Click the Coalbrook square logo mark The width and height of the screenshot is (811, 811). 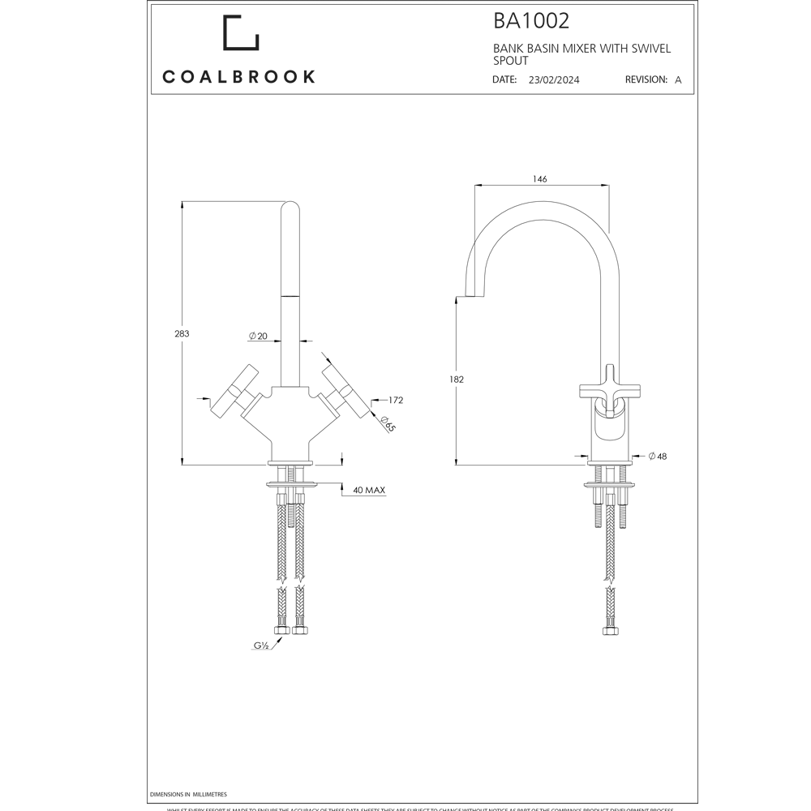[241, 32]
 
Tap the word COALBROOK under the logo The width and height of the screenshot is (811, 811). [238, 76]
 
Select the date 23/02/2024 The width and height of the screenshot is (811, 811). [554, 80]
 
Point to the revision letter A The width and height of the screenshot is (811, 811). [678, 80]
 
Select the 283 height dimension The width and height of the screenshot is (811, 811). [181, 333]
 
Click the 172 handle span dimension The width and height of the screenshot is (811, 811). [397, 400]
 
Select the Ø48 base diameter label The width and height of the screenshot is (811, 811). [658, 457]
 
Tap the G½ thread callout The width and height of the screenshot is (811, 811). [261, 646]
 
